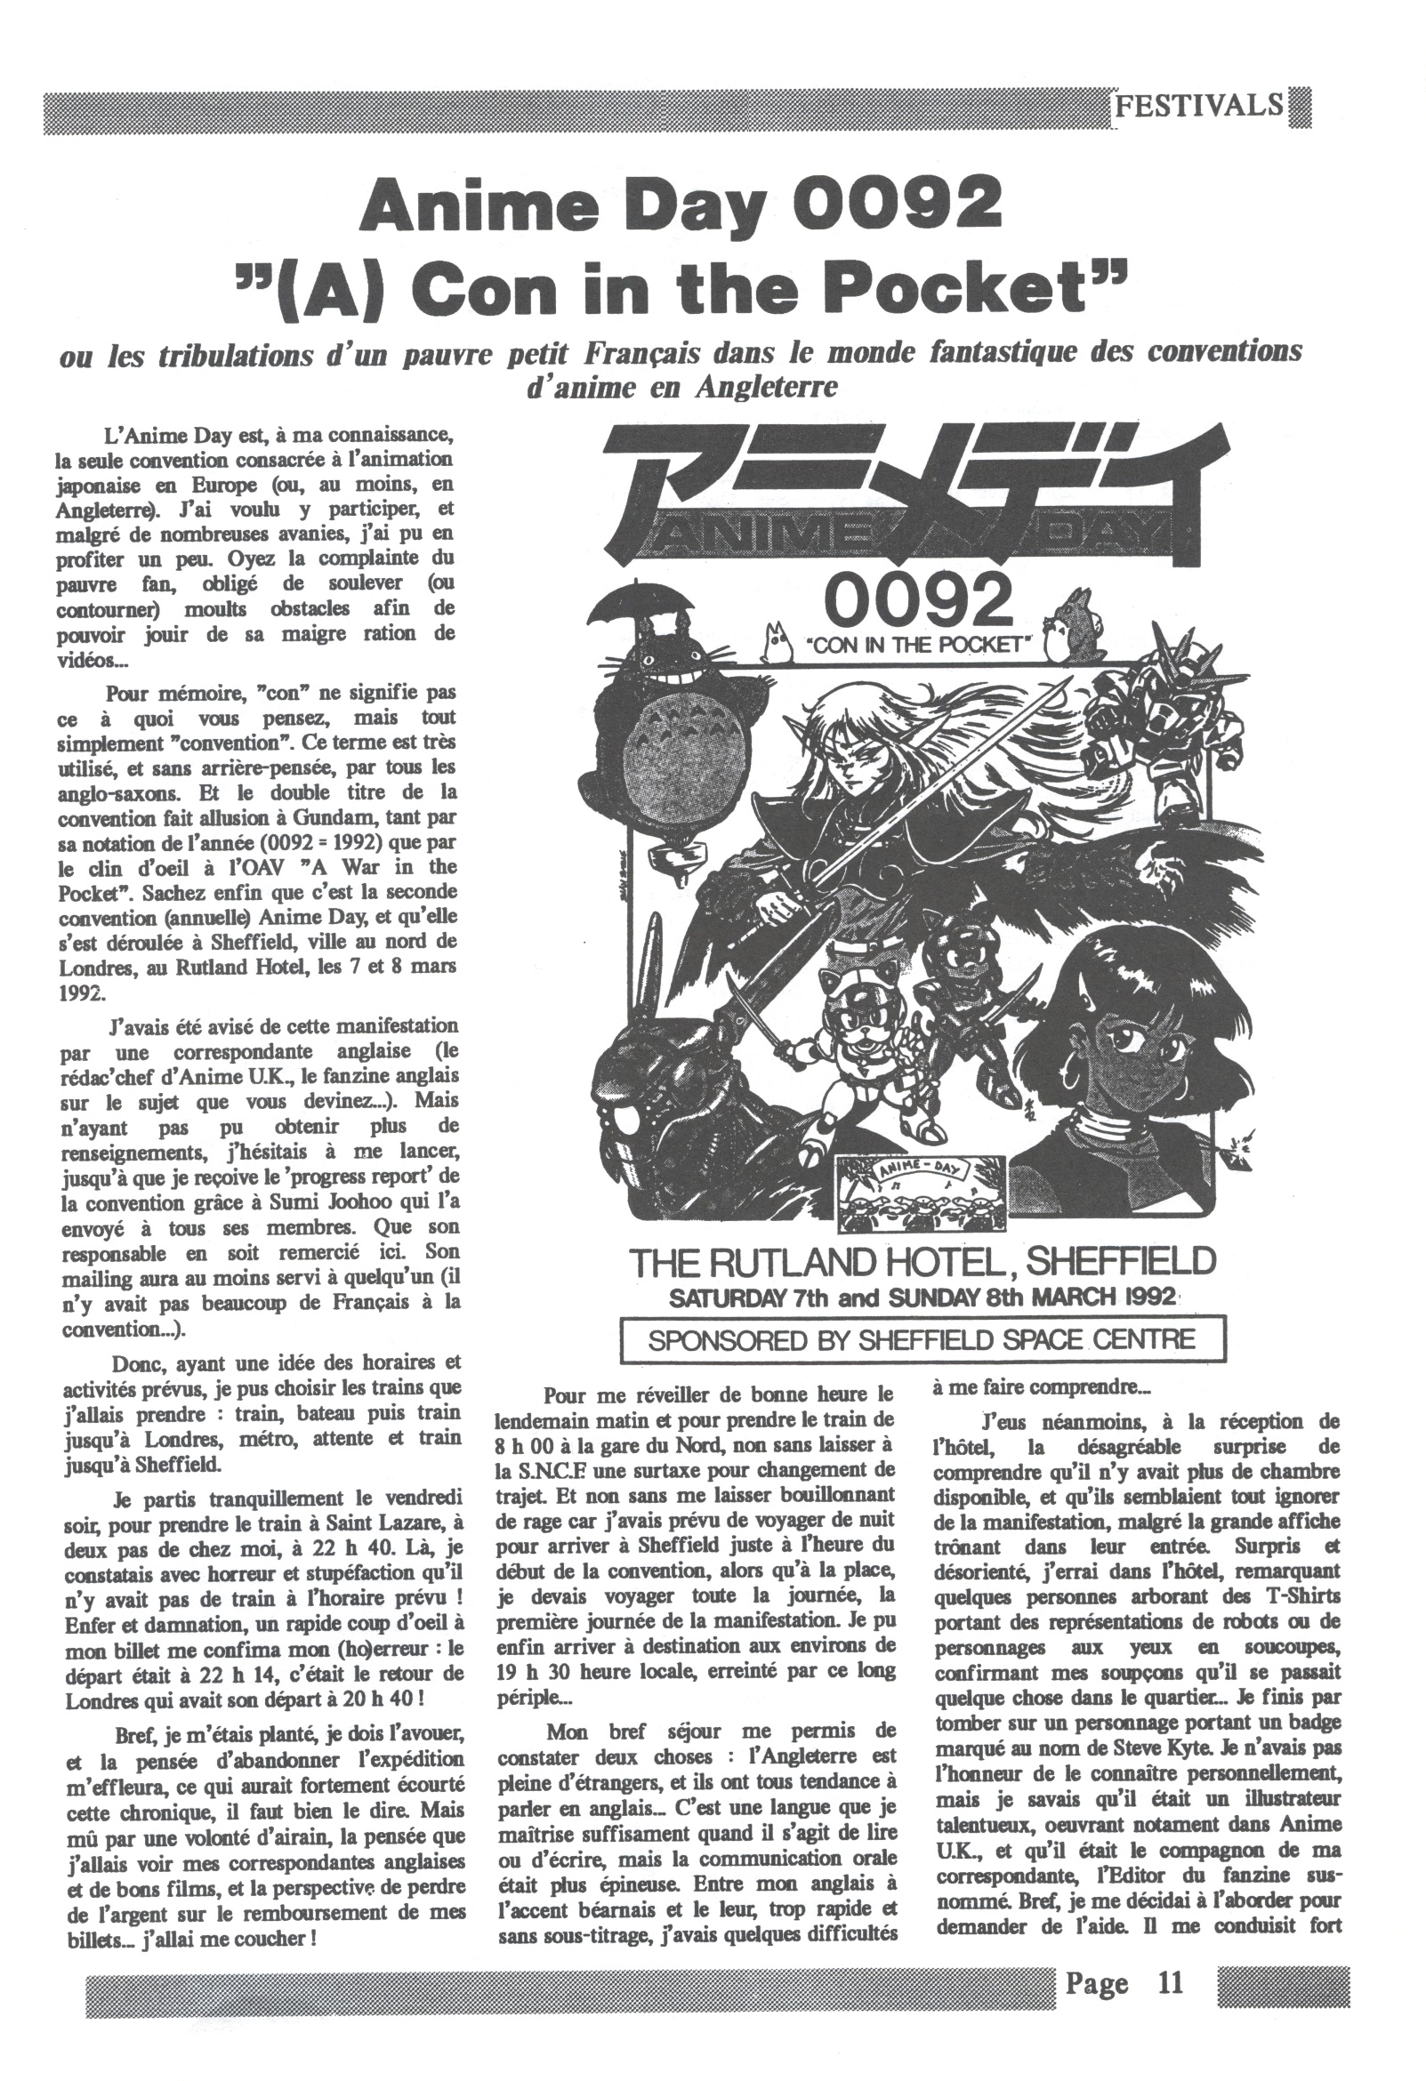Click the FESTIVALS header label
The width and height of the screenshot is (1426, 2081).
(x=1198, y=107)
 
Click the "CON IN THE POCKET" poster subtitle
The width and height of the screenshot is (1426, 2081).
(x=919, y=646)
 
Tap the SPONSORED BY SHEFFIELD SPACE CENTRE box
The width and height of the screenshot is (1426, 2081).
(x=922, y=1338)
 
